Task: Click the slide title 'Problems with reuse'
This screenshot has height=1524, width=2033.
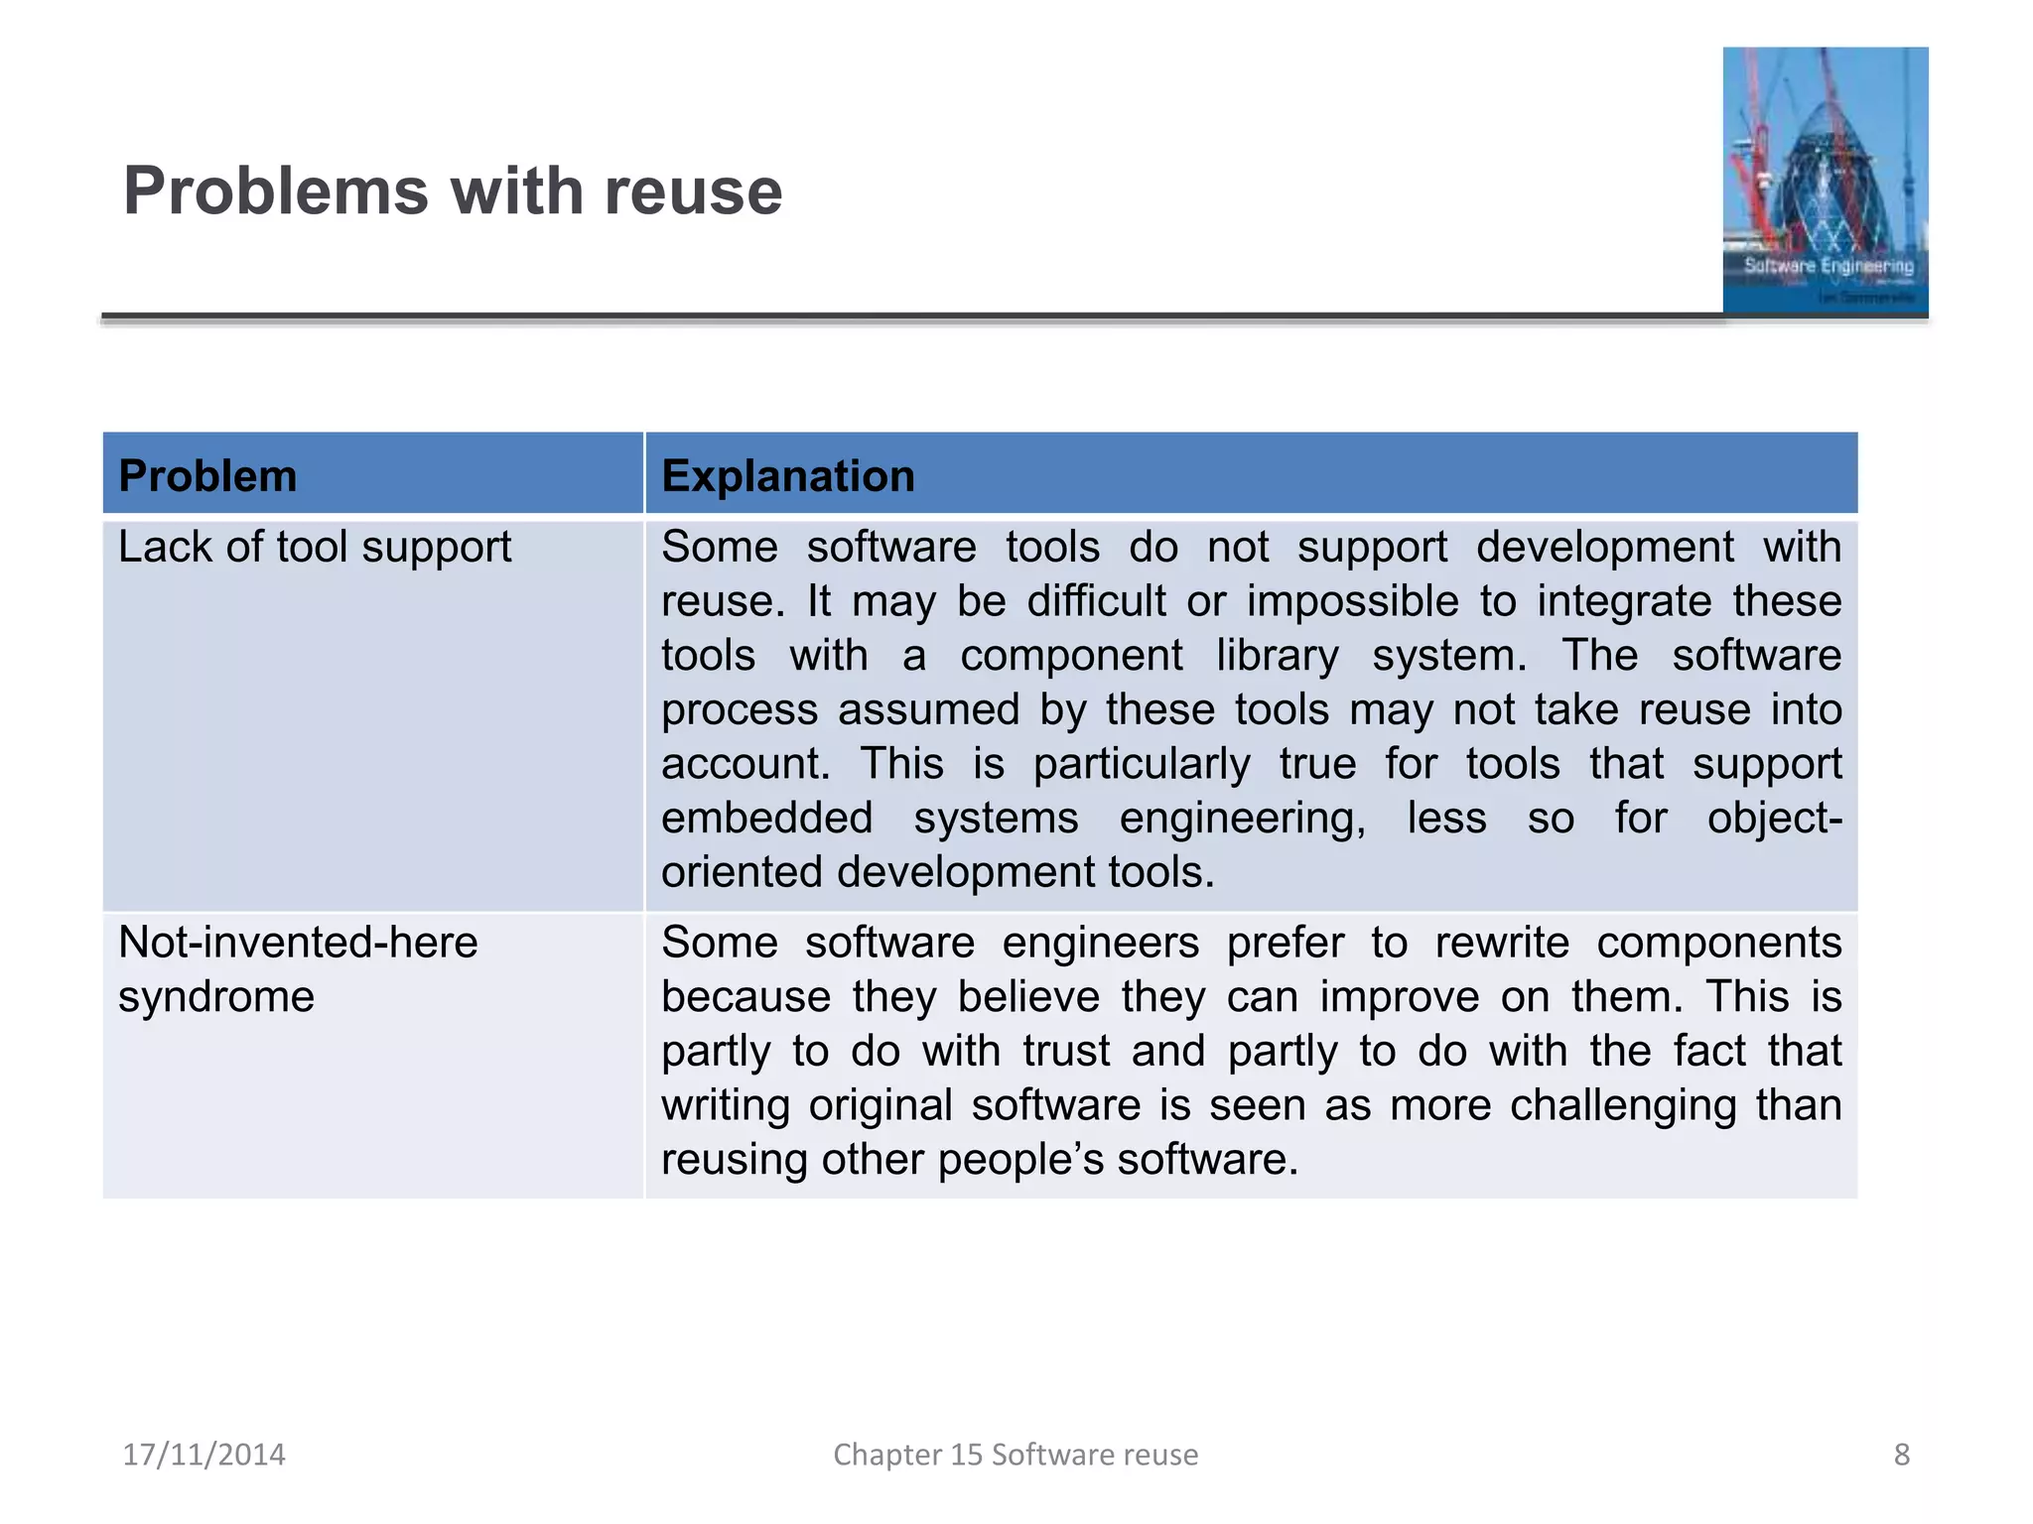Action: pyautogui.click(x=453, y=190)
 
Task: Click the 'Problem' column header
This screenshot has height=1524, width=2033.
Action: pyautogui.click(x=207, y=476)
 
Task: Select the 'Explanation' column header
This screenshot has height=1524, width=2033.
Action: pyautogui.click(x=788, y=476)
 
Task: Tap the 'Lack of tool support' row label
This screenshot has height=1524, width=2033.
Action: pyautogui.click(x=315, y=547)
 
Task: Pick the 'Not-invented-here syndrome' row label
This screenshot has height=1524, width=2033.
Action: pyautogui.click(x=298, y=968)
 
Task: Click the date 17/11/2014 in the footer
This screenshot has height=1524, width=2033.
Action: pyautogui.click(x=203, y=1455)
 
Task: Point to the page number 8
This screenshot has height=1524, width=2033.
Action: pyautogui.click(x=1901, y=1455)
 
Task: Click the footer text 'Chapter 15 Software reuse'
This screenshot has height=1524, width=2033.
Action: pyautogui.click(x=1016, y=1455)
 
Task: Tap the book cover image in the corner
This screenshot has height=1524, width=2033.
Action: pyautogui.click(x=1825, y=181)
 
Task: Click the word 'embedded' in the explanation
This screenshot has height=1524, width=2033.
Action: pyautogui.click(x=766, y=819)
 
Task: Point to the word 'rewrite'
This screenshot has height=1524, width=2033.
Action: pyautogui.click(x=1502, y=943)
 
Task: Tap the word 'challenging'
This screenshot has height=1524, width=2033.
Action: pyautogui.click(x=1622, y=1105)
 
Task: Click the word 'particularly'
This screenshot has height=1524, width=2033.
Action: pyautogui.click(x=1142, y=764)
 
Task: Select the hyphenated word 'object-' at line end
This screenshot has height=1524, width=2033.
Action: pyautogui.click(x=1774, y=819)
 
